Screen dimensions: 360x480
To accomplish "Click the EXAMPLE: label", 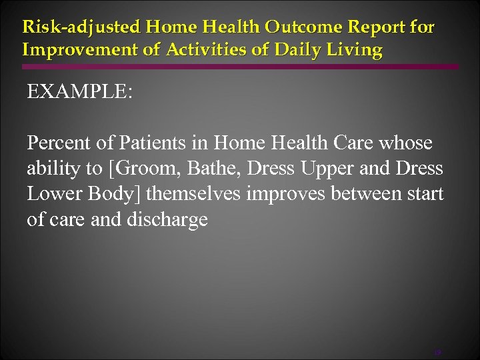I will click(x=79, y=91).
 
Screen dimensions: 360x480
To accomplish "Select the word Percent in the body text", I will click(x=57, y=143).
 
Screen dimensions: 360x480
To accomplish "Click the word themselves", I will click(x=198, y=194).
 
